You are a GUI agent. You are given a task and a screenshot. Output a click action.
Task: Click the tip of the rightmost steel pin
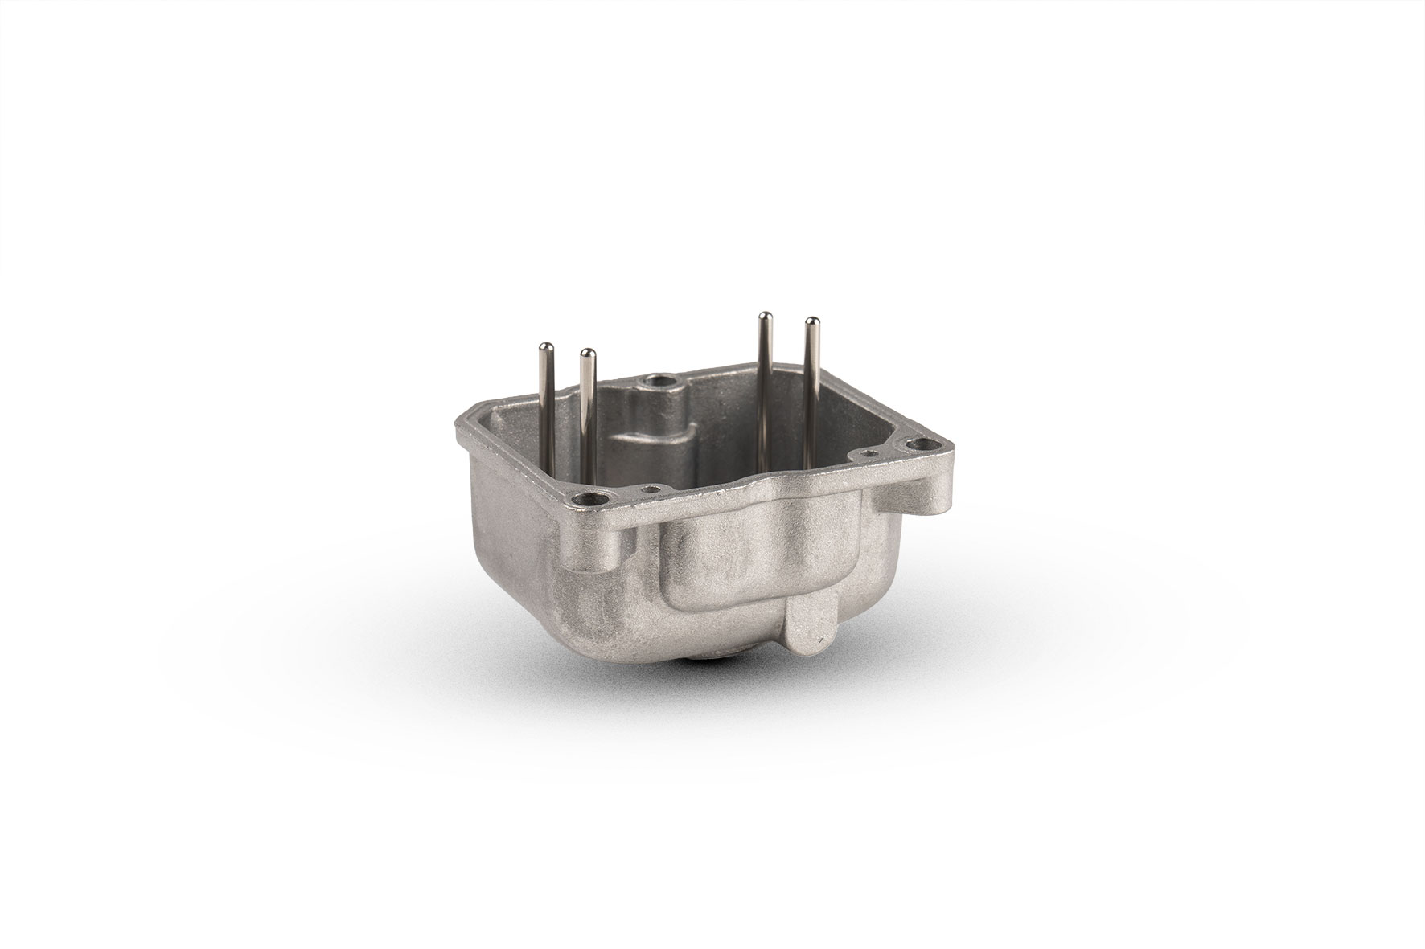[811, 323]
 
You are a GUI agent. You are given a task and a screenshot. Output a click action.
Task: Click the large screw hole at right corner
[918, 444]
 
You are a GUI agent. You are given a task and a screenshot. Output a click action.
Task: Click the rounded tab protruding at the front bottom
[807, 635]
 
